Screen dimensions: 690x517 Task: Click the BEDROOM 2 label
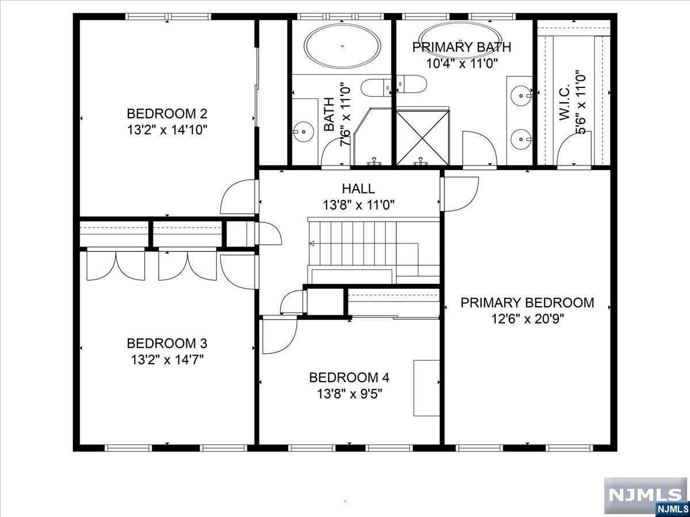[167, 114]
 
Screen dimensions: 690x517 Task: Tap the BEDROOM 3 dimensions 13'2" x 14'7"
[167, 360]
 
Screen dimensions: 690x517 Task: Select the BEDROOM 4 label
[349, 377]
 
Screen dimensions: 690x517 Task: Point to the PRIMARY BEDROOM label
[527, 303]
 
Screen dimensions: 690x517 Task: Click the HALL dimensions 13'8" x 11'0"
[359, 205]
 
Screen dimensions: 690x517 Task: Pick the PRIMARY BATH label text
[462, 48]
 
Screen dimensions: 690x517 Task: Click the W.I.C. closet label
[565, 102]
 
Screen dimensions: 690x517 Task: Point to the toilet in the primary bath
[411, 84]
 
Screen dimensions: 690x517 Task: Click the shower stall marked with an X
[423, 138]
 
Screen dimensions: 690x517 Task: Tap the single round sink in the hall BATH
[304, 132]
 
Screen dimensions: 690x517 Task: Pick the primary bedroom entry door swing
[459, 194]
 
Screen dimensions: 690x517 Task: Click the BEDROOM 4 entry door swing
[279, 335]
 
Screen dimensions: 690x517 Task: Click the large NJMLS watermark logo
[645, 495]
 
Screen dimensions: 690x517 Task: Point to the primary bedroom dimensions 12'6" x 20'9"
[527, 319]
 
